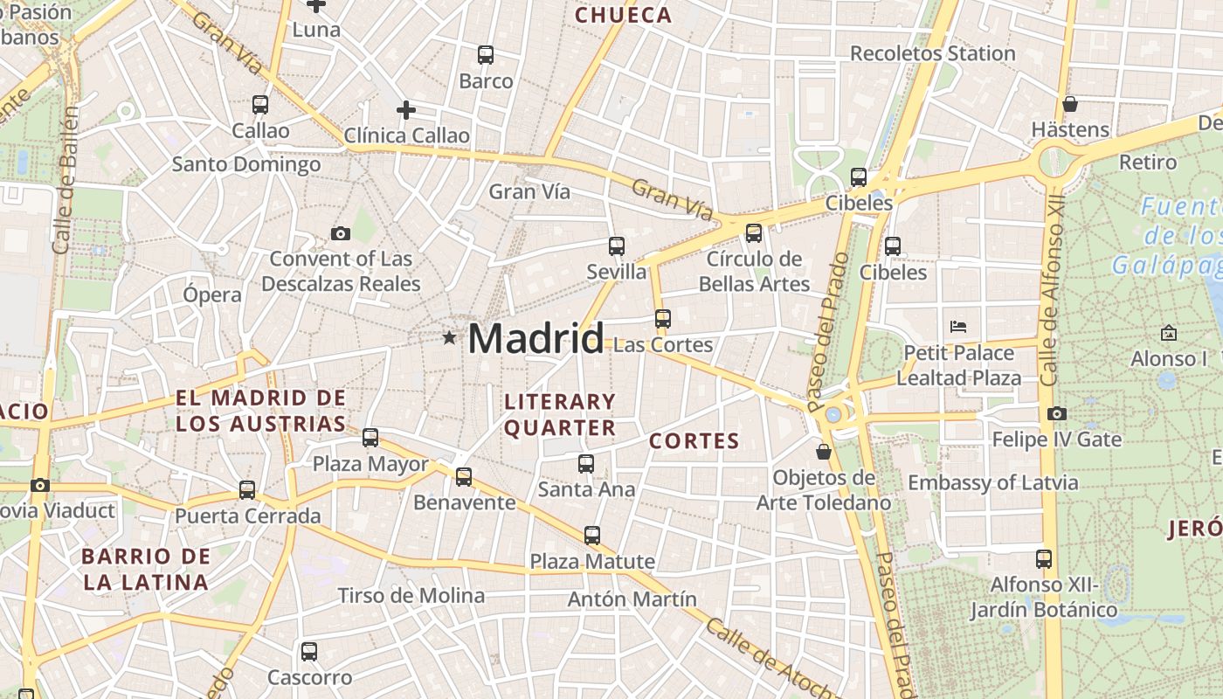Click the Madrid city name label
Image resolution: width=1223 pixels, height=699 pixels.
tap(535, 338)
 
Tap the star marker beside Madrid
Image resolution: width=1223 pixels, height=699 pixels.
tap(449, 337)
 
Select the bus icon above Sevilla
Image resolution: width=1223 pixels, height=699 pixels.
tap(617, 246)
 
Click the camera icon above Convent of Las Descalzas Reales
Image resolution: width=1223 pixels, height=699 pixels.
tap(341, 233)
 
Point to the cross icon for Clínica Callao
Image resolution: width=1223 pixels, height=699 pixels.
tap(406, 110)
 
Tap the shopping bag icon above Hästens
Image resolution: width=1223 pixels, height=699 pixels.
tap(1070, 104)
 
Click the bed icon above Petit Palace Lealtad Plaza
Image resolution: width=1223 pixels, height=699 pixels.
tap(958, 328)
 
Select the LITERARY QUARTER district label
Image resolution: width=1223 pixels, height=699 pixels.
tap(560, 415)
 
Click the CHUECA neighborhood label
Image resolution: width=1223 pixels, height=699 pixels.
tap(623, 15)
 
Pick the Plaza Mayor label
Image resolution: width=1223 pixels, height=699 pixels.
tap(370, 464)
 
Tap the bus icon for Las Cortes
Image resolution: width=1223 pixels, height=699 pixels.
tap(663, 319)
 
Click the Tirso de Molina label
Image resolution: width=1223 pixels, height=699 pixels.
tap(411, 596)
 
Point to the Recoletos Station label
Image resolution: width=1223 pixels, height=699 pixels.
tap(932, 53)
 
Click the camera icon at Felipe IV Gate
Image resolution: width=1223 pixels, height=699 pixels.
tap(1057, 413)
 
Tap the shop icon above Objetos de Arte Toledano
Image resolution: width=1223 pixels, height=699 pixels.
tap(823, 452)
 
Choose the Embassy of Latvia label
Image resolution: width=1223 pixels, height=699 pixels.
tap(992, 482)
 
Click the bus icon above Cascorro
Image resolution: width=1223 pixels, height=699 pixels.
tap(309, 651)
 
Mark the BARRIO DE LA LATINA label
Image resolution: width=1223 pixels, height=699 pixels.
tap(145, 569)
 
